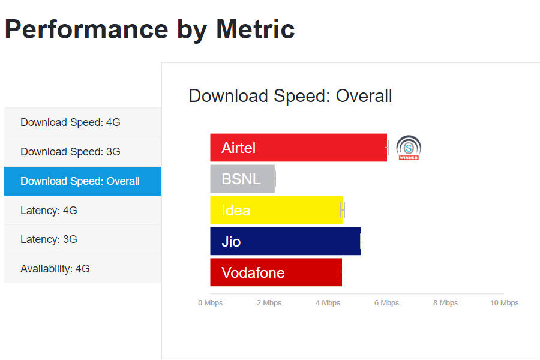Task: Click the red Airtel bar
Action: coord(298,148)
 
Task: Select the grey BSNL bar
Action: coord(242,179)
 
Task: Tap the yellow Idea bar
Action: coord(276,210)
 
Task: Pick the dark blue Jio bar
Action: coord(286,241)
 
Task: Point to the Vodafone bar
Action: coord(276,272)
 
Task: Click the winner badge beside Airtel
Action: coord(409,148)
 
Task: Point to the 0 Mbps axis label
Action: coord(210,303)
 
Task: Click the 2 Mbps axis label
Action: coord(269,303)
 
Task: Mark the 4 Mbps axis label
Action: coord(328,303)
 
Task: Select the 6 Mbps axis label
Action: coord(386,303)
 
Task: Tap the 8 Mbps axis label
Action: coord(445,303)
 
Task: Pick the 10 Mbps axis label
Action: coord(504,303)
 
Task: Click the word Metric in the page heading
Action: coord(256,30)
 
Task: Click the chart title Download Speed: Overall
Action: coord(290,96)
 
